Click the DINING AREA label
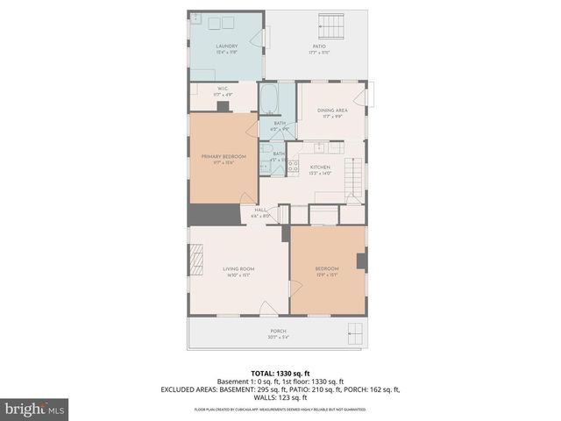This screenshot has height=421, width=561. pos(332,111)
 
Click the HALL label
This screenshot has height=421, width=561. pos(261,210)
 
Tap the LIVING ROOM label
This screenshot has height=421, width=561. pos(238,268)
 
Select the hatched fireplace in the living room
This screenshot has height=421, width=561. pos(195,260)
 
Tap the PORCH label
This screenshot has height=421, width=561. pos(277,331)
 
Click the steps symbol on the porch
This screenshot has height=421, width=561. pos(355,332)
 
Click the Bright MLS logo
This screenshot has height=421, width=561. pos(35,409)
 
